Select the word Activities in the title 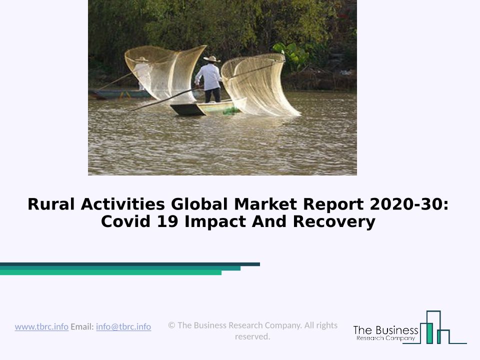tap(123, 204)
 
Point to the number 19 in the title tap(167, 221)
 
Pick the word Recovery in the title tap(334, 221)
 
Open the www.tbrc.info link tap(41, 326)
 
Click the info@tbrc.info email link tap(123, 326)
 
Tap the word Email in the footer tap(82, 326)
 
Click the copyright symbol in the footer tap(171, 325)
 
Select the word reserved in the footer tap(252, 336)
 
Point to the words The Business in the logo tap(385, 330)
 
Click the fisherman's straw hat tap(212, 59)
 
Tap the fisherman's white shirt tap(209, 76)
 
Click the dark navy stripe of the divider tap(130, 264)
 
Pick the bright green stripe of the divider tap(110, 273)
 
